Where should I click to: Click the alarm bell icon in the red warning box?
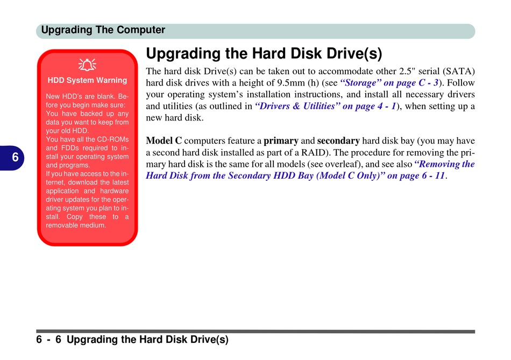pos(87,65)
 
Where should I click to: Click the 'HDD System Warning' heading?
pos(87,80)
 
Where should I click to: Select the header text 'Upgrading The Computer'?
pos(103,30)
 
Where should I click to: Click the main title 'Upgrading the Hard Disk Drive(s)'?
pos(264,53)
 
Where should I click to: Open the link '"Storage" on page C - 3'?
pos(389,83)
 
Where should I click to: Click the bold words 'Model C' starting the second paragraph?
pos(164,140)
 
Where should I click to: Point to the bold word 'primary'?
pos(281,141)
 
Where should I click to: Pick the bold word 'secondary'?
pos(338,141)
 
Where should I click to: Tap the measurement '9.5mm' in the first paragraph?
pos(290,83)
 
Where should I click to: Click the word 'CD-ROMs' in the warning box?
pos(113,139)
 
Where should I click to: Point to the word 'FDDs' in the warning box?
pos(70,148)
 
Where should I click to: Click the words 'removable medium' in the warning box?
pos(76,225)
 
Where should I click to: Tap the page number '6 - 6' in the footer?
pos(49,340)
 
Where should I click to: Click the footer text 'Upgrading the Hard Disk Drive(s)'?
pos(147,340)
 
